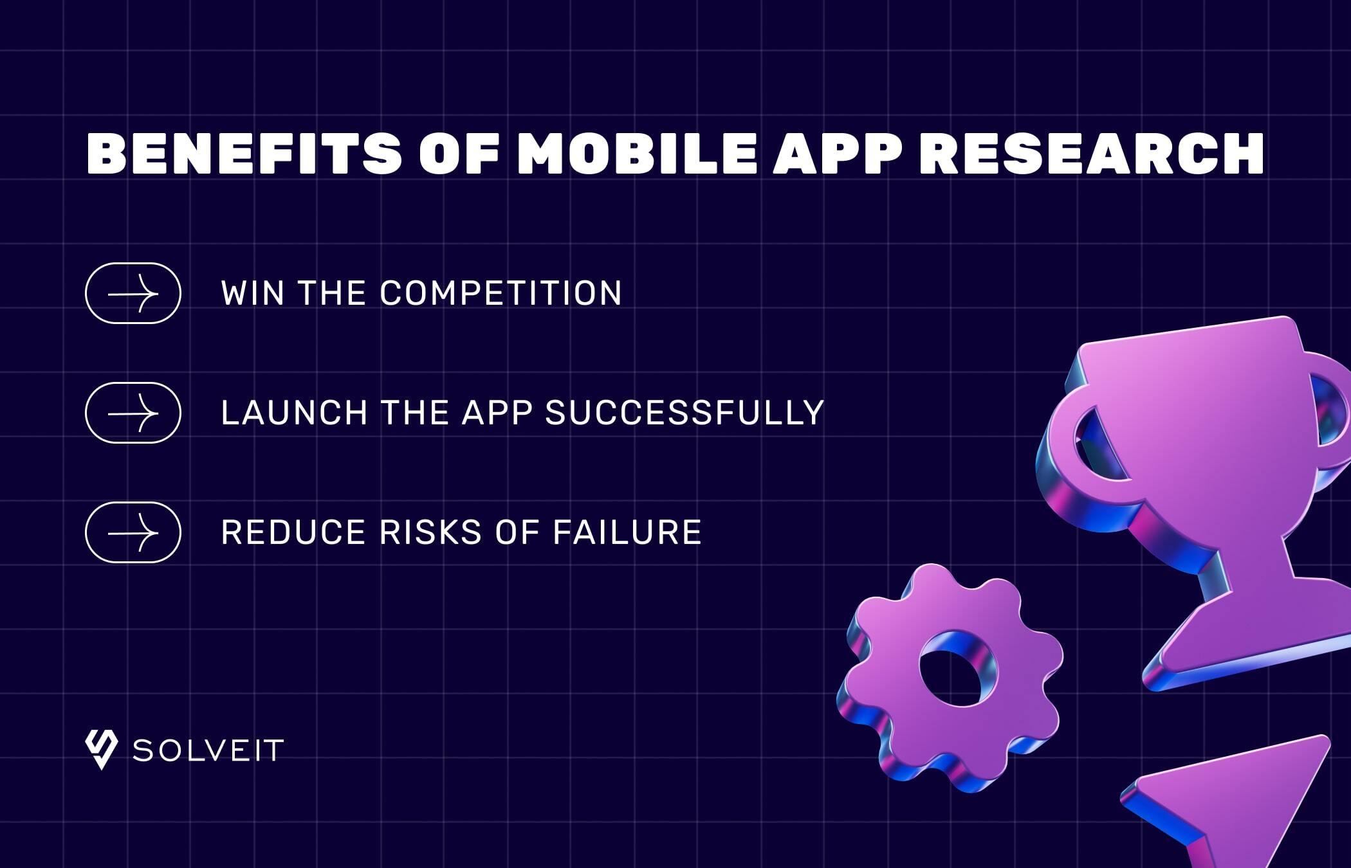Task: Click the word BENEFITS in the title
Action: tap(244, 154)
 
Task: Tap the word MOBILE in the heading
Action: tap(637, 154)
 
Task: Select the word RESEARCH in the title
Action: tap(1092, 154)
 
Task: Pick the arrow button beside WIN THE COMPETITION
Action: tap(133, 293)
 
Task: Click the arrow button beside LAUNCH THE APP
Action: tap(133, 413)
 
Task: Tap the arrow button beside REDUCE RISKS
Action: tap(133, 532)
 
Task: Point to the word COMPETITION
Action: tap(501, 293)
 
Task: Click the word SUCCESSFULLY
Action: tap(685, 413)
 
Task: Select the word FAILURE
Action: tap(627, 532)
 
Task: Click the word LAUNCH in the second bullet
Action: tap(294, 413)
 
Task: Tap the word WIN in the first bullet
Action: tap(253, 293)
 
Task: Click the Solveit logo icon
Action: tap(101, 750)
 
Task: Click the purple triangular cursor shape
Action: tap(1235, 797)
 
